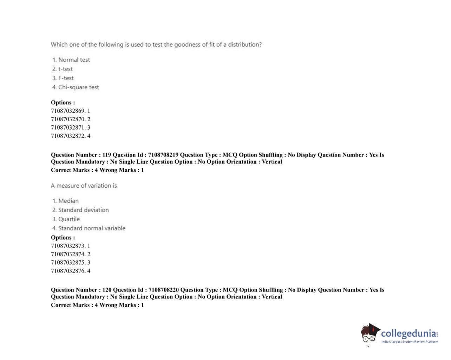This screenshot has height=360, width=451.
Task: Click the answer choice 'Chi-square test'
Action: coord(78,87)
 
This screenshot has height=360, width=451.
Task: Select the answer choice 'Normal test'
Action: coord(74,60)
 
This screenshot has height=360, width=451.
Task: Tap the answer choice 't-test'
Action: coord(65,69)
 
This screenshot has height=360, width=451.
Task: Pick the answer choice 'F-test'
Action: coord(66,78)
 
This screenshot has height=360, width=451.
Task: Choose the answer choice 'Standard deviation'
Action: coord(83,210)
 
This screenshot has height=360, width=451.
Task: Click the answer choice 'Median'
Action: coord(68,201)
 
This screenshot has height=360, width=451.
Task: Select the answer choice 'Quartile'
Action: coord(69,219)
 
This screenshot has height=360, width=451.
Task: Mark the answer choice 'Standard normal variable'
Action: coord(92,228)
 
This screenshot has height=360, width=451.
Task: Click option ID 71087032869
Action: coord(68,111)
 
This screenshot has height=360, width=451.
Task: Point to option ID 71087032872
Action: coord(68,136)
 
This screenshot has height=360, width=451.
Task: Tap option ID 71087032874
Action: coord(68,254)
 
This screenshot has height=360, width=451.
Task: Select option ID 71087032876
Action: coord(68,271)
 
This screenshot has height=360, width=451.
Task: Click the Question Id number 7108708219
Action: coord(163,155)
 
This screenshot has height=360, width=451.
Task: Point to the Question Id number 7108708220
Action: coord(164,290)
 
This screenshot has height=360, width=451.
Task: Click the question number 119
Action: coord(107,155)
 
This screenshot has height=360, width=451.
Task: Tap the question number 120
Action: coord(107,290)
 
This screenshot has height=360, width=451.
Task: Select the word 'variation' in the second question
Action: coord(99,185)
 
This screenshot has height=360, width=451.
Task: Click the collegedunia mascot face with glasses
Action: coord(369,335)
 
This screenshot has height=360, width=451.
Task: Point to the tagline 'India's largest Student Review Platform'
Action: coord(410,342)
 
